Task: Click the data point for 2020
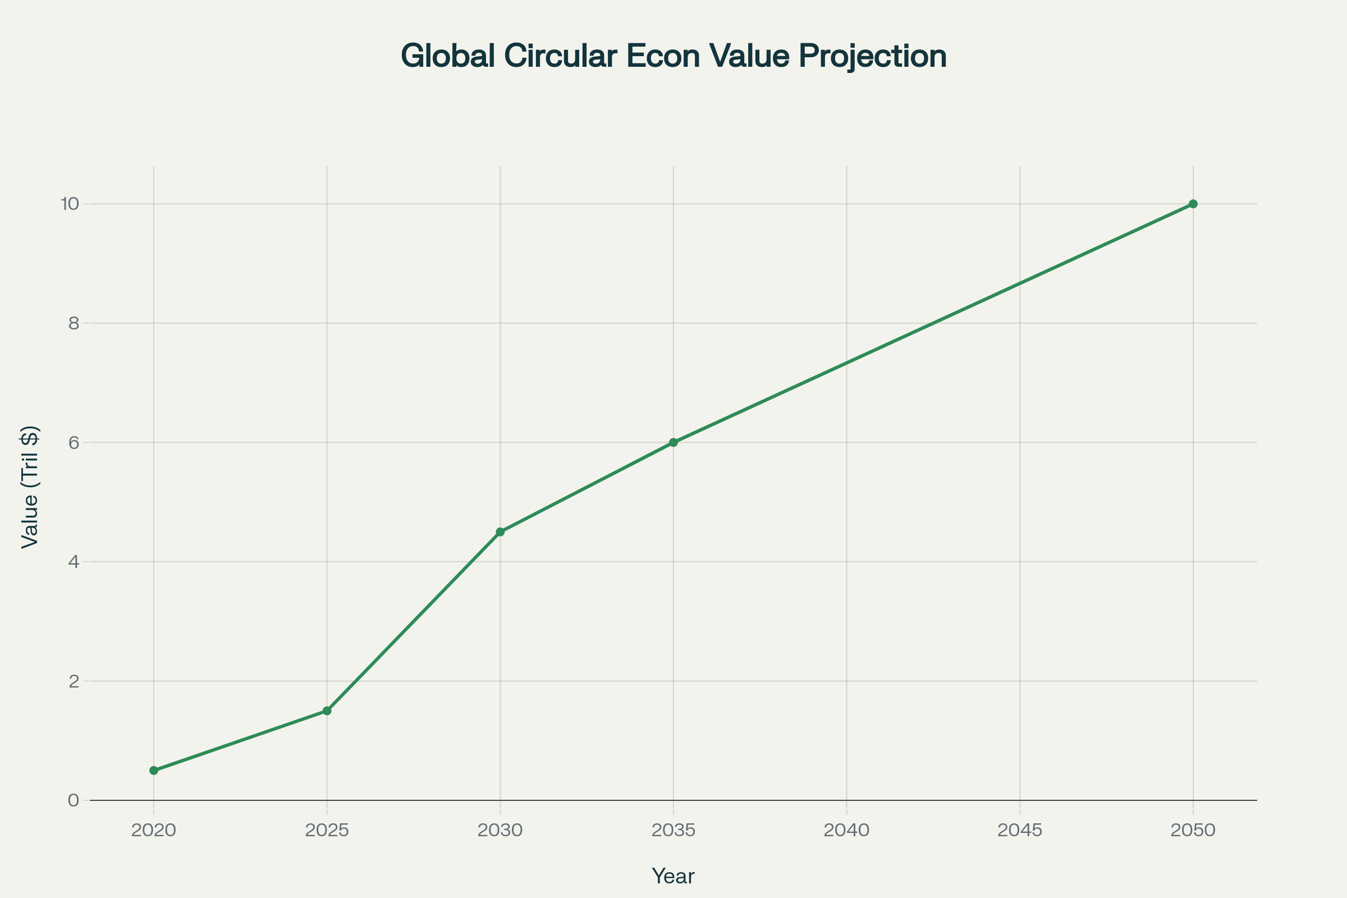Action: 153,770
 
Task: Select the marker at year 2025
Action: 327,711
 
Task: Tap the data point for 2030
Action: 500,532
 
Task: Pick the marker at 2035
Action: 673,442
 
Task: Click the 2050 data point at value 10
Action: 1193,204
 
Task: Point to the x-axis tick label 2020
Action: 153,831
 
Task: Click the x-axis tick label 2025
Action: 327,831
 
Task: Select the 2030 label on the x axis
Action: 500,831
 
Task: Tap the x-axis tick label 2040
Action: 846,831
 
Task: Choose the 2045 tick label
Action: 1020,831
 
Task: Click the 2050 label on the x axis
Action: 1193,831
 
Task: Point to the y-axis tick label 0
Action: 74,800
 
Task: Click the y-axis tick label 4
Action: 74,562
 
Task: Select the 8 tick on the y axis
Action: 74,323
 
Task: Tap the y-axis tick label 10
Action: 70,204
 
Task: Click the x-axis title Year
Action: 673,876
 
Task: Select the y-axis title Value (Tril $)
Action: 30,487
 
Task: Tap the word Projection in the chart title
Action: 872,56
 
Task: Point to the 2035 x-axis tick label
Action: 673,831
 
